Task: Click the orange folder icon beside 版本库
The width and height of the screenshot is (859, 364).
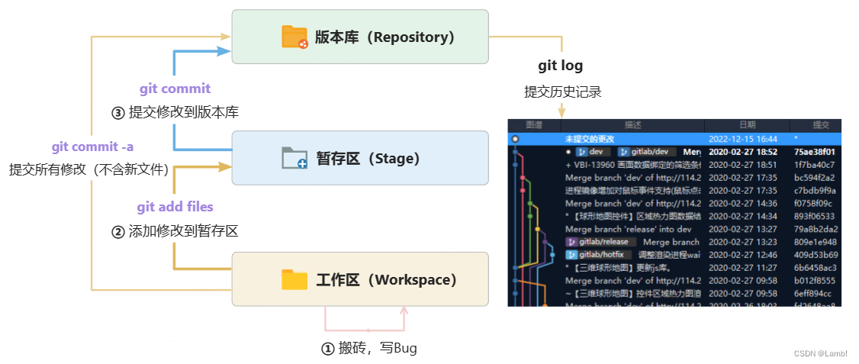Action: coord(294,37)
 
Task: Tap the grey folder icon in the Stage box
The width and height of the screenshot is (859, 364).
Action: coord(294,158)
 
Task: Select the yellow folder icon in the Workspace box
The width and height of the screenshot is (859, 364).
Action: coord(294,279)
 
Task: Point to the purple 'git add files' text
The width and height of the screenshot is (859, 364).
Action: coord(175,207)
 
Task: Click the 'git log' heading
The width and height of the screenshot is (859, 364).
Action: coord(561,66)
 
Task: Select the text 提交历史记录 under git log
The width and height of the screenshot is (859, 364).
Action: coord(563,92)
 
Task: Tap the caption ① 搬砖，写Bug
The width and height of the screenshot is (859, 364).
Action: coord(369,348)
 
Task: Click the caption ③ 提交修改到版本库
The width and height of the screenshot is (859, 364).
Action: coord(175,112)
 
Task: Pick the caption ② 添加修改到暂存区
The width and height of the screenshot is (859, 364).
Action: coord(175,231)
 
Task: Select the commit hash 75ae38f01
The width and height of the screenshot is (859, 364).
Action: coord(814,152)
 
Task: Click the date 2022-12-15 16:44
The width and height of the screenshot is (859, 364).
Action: coord(743,140)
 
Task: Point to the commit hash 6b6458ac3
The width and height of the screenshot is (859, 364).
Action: coord(815,268)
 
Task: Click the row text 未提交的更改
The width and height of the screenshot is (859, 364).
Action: coord(590,140)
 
